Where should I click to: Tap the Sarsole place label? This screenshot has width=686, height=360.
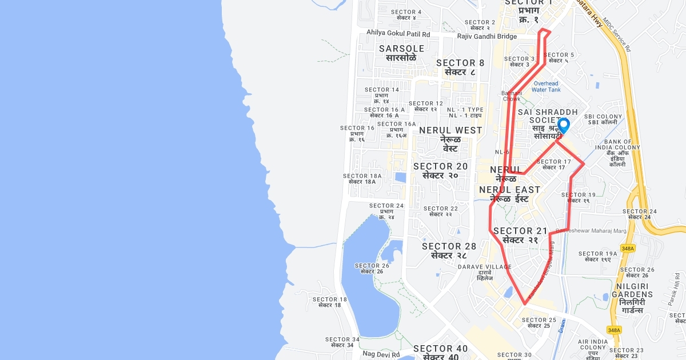[x=402, y=53]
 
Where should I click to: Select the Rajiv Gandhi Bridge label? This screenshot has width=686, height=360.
[x=487, y=36]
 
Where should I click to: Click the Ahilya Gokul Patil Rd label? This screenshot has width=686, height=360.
[x=398, y=33]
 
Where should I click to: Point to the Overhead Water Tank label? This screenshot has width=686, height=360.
[x=546, y=86]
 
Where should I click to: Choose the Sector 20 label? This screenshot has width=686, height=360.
[x=440, y=170]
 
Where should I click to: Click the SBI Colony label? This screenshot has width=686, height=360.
[x=603, y=119]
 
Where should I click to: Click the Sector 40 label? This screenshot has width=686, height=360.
[x=440, y=352]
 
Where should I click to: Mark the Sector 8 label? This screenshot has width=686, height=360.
[x=460, y=67]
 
